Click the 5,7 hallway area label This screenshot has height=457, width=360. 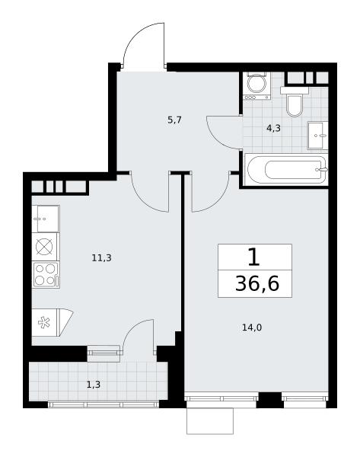tap(175, 120)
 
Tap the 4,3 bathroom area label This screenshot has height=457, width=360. tap(273, 128)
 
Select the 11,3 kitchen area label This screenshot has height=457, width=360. tap(102, 257)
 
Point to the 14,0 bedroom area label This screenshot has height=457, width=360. tap(252, 328)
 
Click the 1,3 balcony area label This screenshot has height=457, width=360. tap(94, 385)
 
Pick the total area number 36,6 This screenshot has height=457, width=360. tap(257, 283)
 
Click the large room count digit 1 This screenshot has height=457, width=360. tap(254, 257)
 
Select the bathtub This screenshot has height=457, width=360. tap(287, 170)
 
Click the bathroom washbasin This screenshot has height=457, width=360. tap(318, 136)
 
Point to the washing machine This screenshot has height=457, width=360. tap(256, 86)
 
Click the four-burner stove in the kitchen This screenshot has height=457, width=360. tap(46, 275)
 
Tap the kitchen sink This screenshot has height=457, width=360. tap(46, 219)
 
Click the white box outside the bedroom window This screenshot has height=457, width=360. tap(210, 421)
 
